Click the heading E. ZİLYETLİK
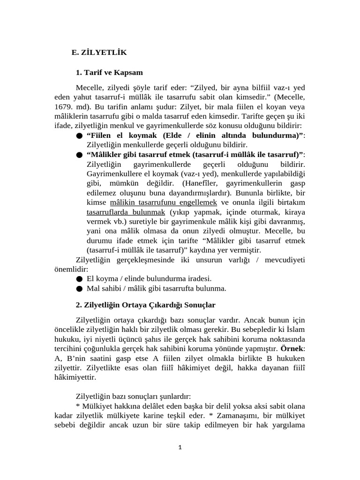[x=99, y=53]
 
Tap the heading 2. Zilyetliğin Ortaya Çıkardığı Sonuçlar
[x=145, y=305]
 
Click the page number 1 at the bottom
[x=180, y=447]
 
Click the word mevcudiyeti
[x=285, y=260]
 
